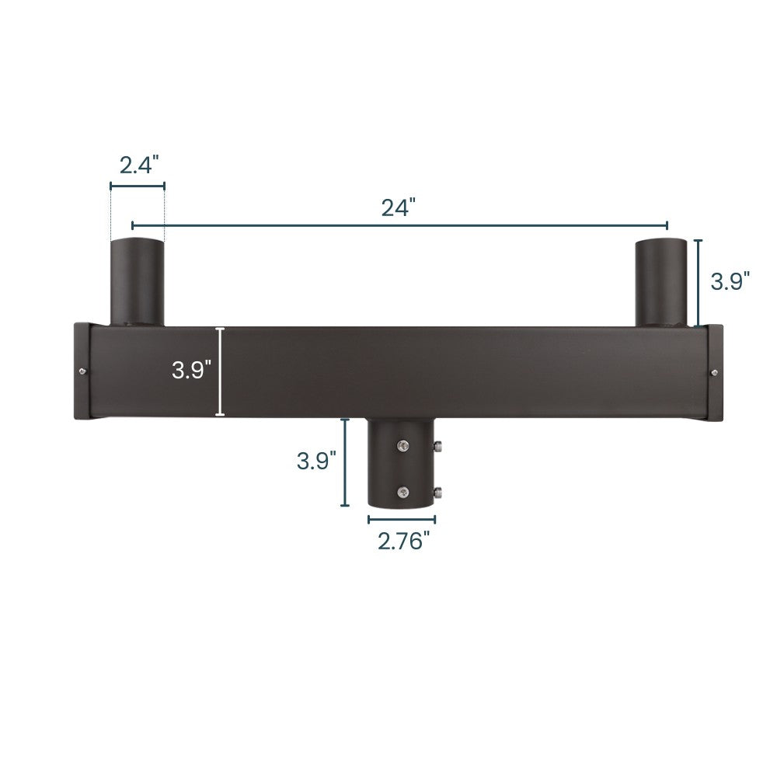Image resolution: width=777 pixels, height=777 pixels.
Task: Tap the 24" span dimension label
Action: point(399,207)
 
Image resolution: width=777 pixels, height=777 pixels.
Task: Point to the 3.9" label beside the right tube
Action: point(730,281)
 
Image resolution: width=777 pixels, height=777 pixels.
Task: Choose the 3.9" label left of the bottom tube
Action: point(316,461)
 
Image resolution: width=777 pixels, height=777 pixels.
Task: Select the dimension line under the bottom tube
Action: point(402,518)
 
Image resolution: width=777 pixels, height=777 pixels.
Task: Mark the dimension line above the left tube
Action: point(138,186)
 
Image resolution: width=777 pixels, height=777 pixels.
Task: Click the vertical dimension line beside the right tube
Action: point(699,282)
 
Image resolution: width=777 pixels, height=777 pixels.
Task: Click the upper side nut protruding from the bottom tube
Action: point(438,447)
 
